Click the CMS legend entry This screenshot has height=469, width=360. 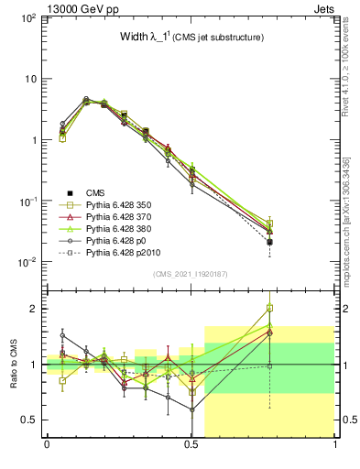(x=94, y=193)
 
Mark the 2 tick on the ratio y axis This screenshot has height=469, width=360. (x=34, y=309)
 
